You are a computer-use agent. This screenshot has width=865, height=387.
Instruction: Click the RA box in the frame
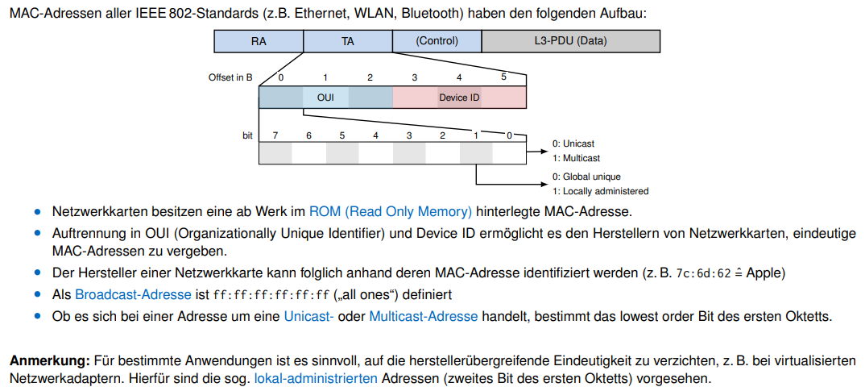pos(259,41)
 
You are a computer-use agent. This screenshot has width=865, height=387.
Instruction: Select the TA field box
pos(348,41)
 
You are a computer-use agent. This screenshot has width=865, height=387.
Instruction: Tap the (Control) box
pos(437,41)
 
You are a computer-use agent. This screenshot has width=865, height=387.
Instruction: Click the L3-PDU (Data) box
pos(570,41)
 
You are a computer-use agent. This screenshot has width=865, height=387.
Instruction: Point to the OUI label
pos(325,98)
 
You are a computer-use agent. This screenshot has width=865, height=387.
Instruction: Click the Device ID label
pos(459,98)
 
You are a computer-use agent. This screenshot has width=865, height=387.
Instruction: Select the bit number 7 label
pos(275,135)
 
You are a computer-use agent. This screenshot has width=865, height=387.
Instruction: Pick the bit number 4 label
pos(375,135)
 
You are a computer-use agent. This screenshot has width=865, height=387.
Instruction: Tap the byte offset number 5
pos(503,77)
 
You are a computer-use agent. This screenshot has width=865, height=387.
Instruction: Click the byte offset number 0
pos(281,77)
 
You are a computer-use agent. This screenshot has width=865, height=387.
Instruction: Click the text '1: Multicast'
pos(576,158)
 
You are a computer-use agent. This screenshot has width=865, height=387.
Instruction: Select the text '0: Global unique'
pos(586,177)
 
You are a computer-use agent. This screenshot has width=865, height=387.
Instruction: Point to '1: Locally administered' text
pos(600,191)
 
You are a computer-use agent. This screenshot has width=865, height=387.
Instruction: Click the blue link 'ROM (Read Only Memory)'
pos(391,212)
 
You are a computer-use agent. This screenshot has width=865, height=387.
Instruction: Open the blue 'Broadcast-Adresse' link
pos(133,294)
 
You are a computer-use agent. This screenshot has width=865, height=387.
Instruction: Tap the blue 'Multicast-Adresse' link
pos(423,316)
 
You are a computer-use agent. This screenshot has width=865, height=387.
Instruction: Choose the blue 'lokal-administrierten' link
pos(317,377)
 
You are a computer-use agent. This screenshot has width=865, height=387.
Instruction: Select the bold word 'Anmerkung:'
pos(50,360)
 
